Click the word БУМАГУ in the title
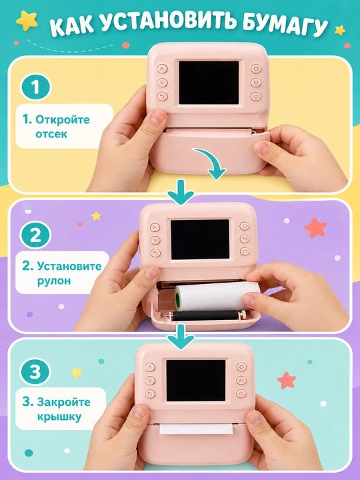click(x=284, y=26)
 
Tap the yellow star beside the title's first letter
click(x=27, y=21)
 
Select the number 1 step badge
click(x=35, y=87)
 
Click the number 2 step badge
click(x=35, y=235)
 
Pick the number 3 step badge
click(x=35, y=372)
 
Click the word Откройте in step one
click(x=63, y=119)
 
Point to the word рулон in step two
click(x=54, y=281)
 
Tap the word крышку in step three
click(x=59, y=417)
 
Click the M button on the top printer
click(x=255, y=83)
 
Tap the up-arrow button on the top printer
click(x=162, y=68)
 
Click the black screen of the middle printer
click(x=200, y=239)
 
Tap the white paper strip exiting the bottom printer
click(x=196, y=429)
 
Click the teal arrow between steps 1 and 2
click(x=181, y=192)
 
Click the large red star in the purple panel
click(x=315, y=228)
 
